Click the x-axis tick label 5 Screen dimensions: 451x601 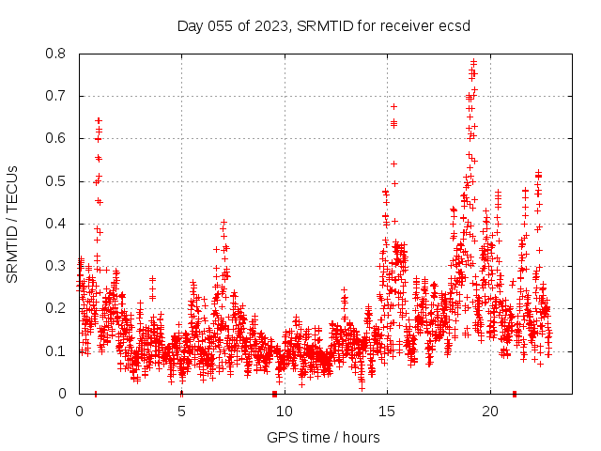point(181,412)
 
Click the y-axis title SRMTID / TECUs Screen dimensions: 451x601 point(13,224)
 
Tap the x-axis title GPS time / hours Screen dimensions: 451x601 point(323,437)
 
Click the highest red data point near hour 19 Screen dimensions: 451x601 point(473,62)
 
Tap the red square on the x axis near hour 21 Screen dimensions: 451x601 point(514,394)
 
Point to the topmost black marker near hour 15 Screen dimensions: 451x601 point(393,106)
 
